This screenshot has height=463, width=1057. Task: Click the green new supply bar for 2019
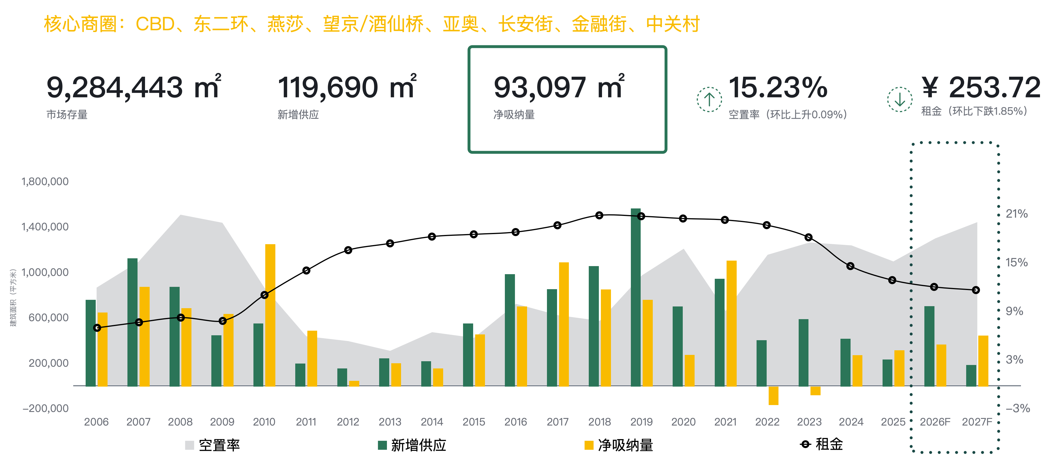[x=635, y=298]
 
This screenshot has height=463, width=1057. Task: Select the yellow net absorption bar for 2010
[x=270, y=315]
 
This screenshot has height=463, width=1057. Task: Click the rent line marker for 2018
[x=599, y=215]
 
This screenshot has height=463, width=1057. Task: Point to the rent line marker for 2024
[x=850, y=266]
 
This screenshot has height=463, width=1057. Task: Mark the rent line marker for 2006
[x=97, y=328]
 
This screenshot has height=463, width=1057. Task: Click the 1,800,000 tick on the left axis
[x=45, y=181]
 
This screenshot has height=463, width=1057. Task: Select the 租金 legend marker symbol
[x=805, y=444]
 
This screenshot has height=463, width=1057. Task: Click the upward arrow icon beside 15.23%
[x=709, y=99]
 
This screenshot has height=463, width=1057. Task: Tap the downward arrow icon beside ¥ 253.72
[x=900, y=99]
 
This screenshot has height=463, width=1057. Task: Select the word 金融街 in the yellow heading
[x=599, y=24]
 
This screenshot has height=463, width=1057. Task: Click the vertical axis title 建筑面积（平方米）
[x=14, y=298]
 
